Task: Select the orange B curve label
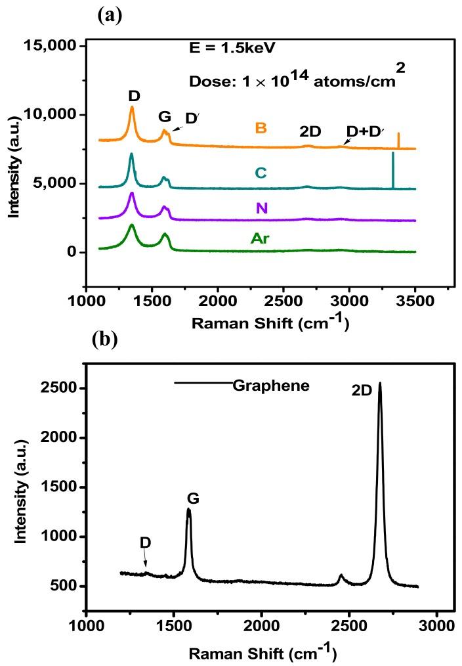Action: [x=261, y=127]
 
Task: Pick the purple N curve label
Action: [x=261, y=208]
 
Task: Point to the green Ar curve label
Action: [x=261, y=238]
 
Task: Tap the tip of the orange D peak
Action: [x=132, y=107]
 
